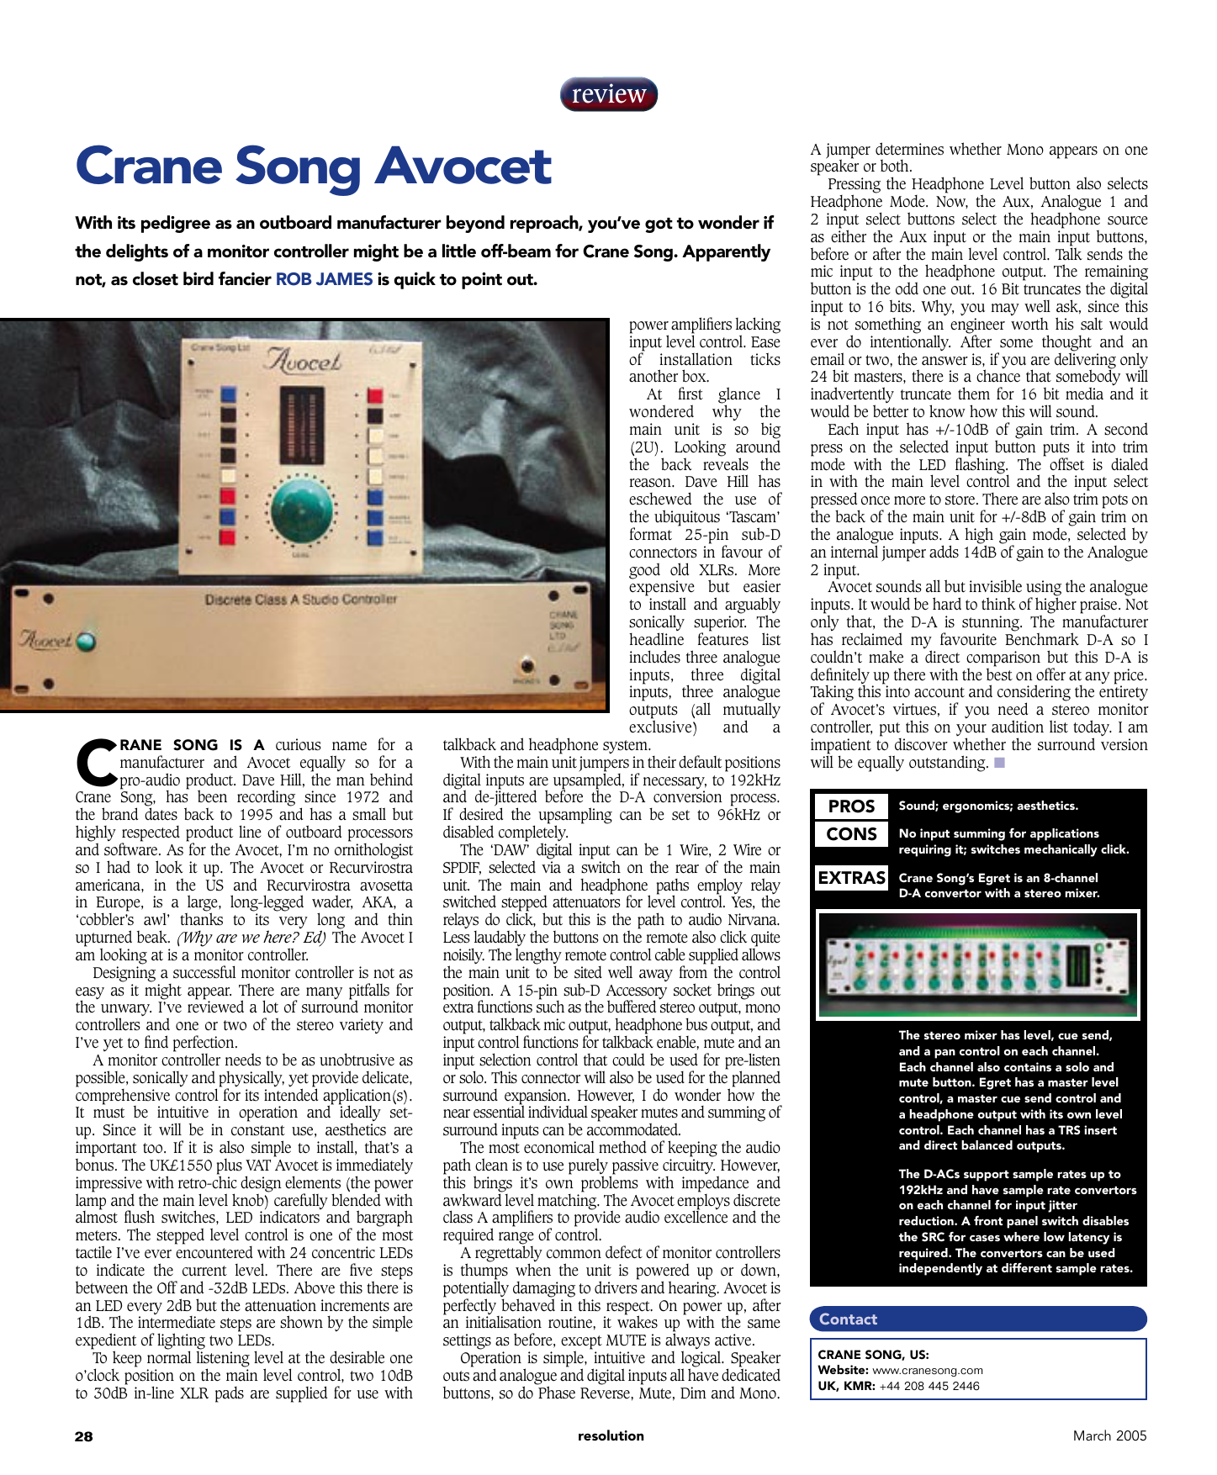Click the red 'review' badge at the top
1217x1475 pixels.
click(608, 94)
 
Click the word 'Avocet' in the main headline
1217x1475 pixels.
click(463, 167)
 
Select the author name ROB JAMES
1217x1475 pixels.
click(324, 279)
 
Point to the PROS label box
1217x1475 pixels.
click(851, 806)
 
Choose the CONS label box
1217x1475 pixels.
click(851, 834)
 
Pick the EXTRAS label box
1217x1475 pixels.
click(851, 878)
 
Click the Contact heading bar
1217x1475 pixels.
click(977, 1319)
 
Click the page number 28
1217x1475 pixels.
click(84, 1436)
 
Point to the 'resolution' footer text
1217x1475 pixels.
click(611, 1435)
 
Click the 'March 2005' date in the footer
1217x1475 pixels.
click(1109, 1435)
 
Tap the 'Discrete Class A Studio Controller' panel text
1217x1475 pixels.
click(300, 600)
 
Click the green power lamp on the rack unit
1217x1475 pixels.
click(86, 642)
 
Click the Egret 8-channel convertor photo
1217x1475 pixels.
click(977, 965)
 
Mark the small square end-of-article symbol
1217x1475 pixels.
click(999, 763)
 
